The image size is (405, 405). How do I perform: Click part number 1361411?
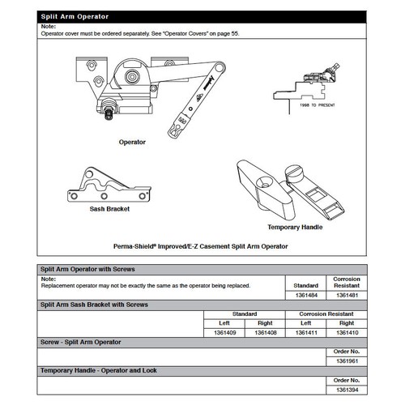(306, 331)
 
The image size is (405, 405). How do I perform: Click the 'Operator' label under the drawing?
(132, 142)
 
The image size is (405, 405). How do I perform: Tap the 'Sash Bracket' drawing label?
(109, 208)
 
